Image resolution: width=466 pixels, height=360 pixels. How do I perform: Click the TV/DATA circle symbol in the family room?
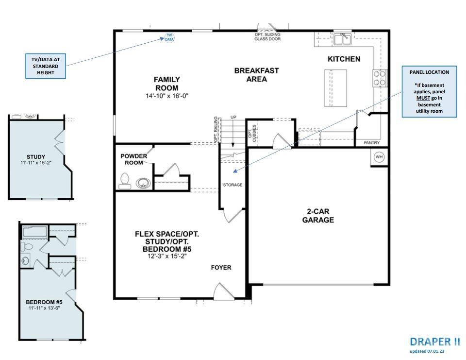pos(169,37)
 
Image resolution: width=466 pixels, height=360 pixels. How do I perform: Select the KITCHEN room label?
pos(344,59)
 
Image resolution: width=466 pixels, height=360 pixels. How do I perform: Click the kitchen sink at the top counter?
pos(345,39)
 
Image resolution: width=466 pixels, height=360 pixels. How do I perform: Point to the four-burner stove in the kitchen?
pos(380,78)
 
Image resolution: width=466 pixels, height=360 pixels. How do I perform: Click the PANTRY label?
pos(372,143)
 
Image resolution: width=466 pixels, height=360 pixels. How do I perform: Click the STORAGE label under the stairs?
pos(233,185)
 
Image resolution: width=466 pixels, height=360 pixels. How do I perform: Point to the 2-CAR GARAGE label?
pos(318,216)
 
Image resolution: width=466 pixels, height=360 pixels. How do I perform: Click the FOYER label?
pos(221,268)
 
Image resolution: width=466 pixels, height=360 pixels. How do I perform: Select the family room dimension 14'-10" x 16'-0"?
pos(166,96)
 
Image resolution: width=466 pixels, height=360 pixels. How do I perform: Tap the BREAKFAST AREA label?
pos(256,75)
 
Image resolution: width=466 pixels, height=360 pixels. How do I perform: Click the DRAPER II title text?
pos(435,342)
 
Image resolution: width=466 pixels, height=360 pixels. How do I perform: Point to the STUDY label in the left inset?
pos(36,156)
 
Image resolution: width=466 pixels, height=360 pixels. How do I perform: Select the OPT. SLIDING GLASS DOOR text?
pos(267,36)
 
